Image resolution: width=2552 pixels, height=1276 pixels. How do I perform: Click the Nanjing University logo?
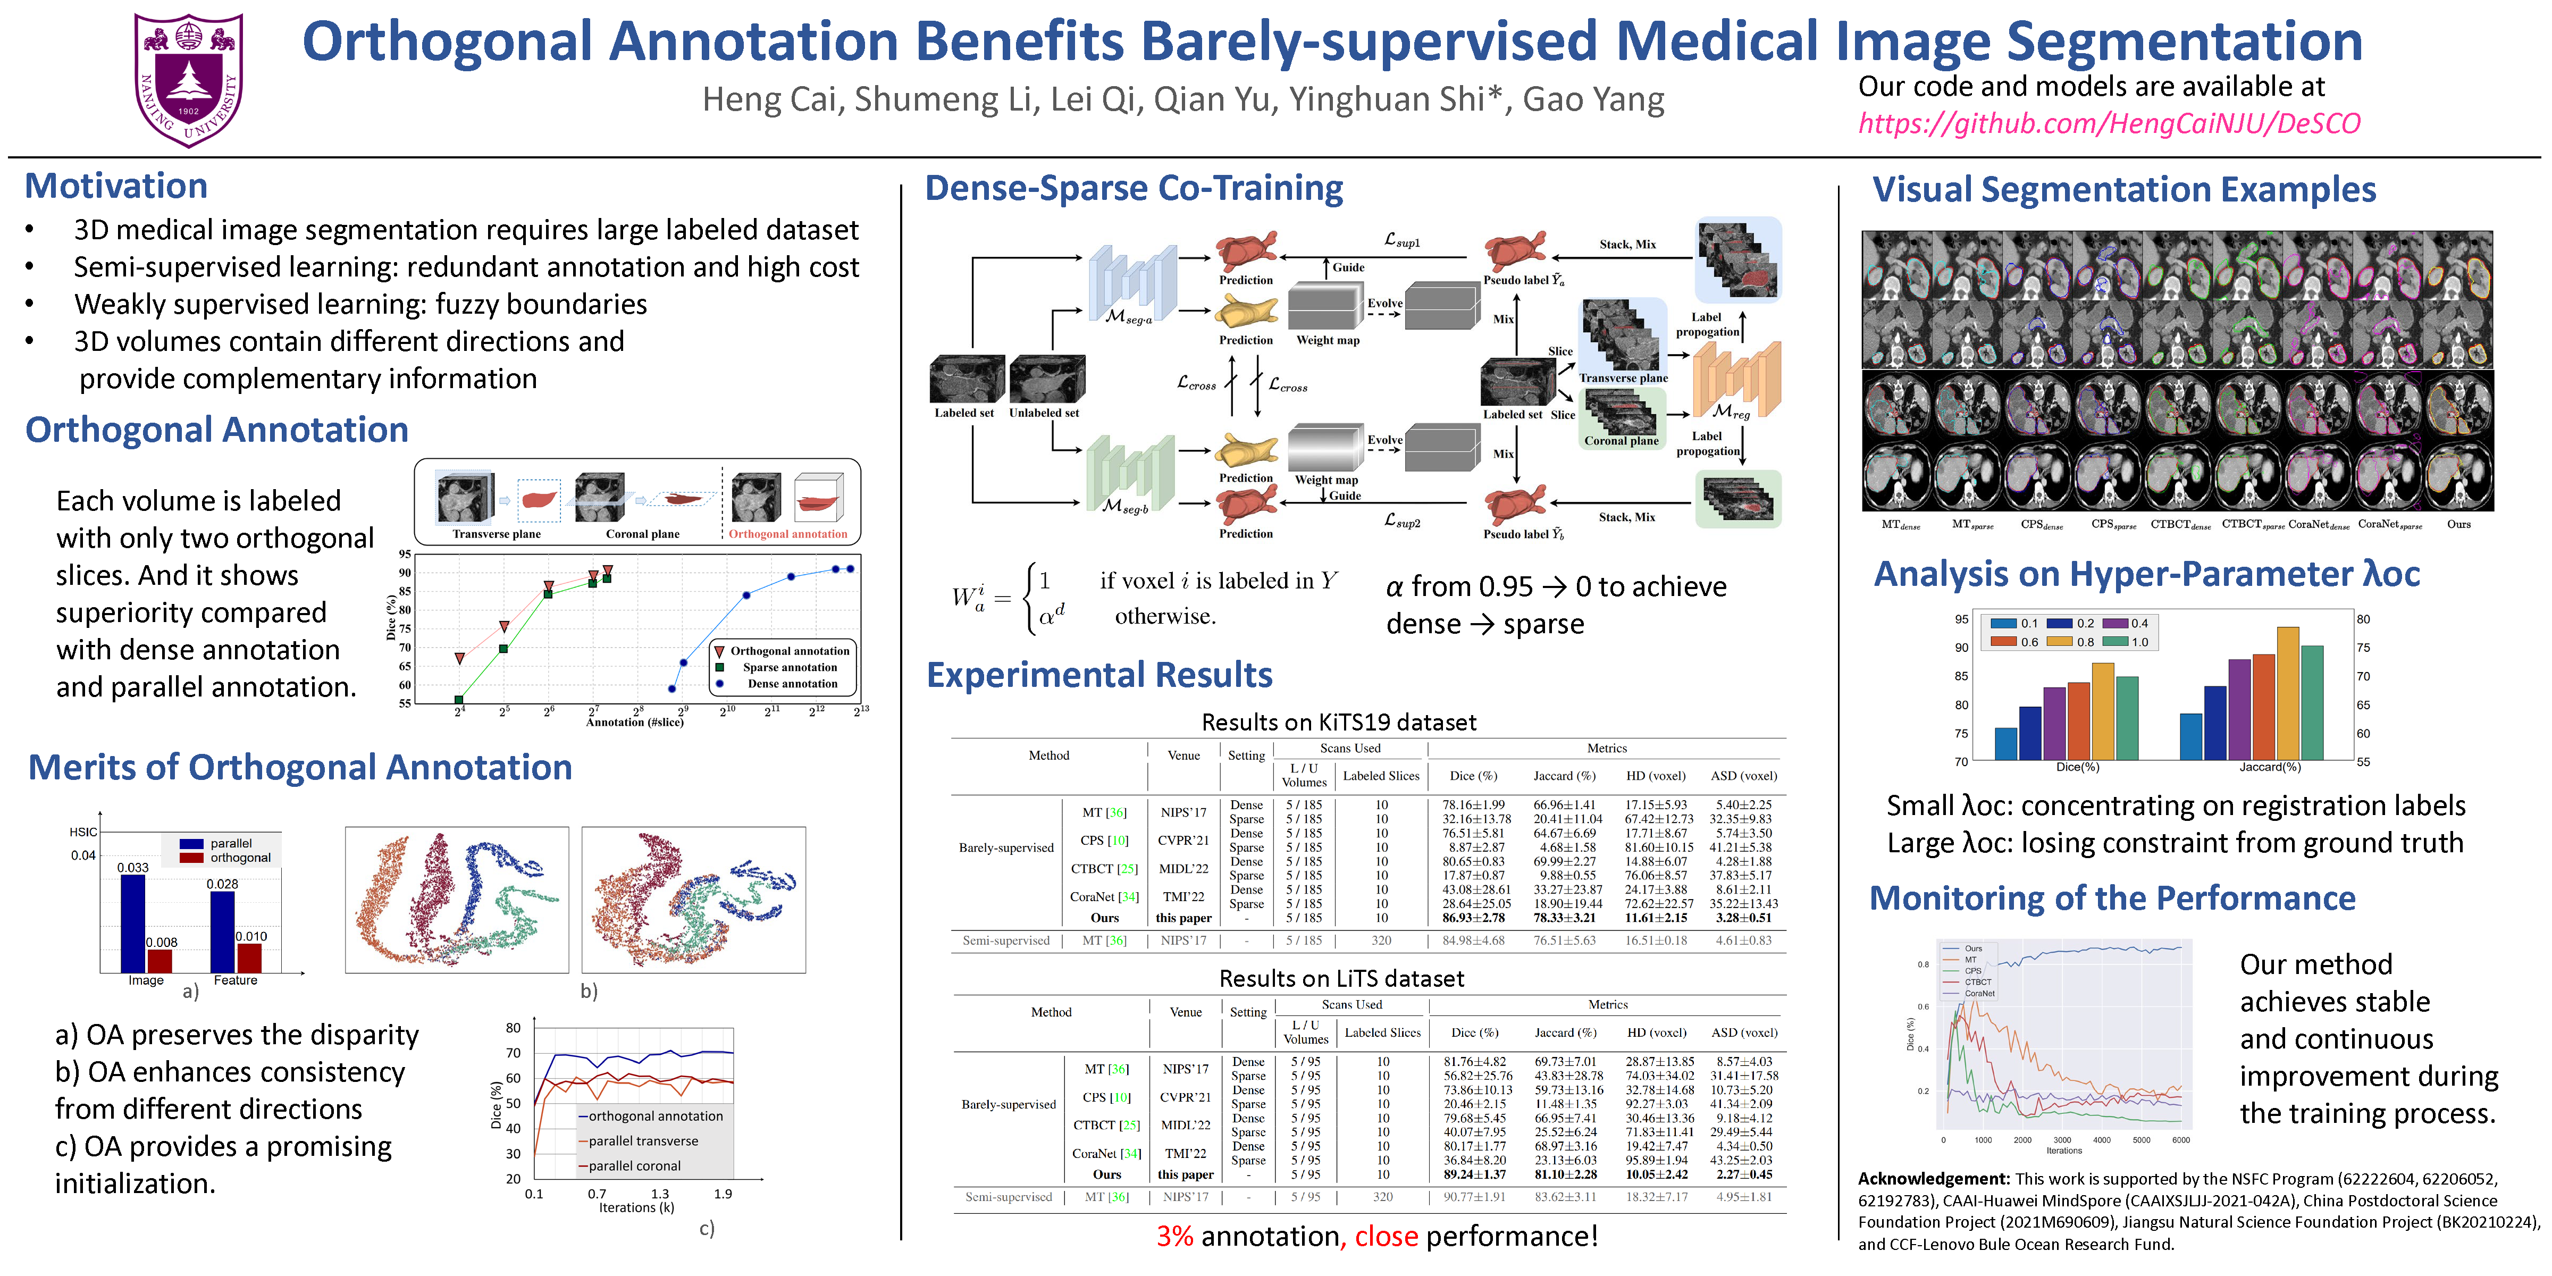tap(188, 79)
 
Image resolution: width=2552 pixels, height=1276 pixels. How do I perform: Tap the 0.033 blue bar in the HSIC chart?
tap(133, 921)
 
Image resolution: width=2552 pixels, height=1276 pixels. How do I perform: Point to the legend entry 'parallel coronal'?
tap(634, 1166)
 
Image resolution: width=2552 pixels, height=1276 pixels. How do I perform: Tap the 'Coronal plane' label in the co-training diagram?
tap(1621, 441)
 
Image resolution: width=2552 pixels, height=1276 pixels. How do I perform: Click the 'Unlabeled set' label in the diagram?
tap(1044, 413)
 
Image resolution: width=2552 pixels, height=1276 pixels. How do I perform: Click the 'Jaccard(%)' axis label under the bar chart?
tap(2270, 767)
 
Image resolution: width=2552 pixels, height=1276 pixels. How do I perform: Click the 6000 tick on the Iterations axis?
tap(2180, 1140)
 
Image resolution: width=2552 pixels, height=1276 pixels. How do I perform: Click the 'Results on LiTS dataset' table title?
tap(1341, 979)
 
